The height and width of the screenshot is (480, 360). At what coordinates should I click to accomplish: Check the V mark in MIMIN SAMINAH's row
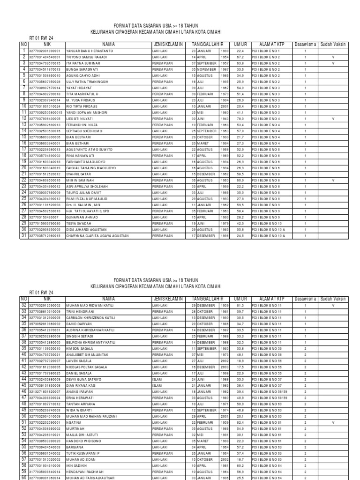(x=333, y=180)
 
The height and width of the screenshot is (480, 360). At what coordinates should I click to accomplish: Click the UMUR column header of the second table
(x=240, y=299)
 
